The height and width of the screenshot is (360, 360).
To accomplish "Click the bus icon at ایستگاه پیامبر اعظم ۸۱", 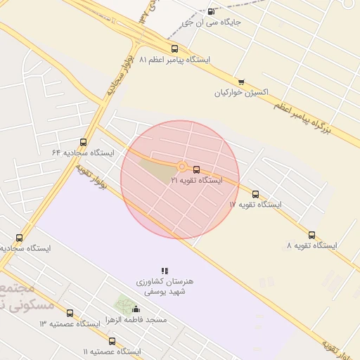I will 174,49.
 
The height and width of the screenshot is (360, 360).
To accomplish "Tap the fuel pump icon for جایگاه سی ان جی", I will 211,11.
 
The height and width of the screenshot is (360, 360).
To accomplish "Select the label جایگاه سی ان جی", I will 211,22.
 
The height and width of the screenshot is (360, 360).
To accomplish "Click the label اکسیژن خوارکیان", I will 242,93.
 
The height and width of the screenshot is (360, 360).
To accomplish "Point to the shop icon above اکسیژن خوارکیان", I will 241,82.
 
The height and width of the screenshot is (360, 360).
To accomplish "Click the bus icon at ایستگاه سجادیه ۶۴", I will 84,142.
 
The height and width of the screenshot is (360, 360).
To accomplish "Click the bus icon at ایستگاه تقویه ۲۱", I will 196,169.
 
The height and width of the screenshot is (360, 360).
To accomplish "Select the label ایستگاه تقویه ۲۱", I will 196,181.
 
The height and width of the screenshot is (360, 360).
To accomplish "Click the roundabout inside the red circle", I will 182,167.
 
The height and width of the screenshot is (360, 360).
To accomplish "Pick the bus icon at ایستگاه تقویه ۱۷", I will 255,194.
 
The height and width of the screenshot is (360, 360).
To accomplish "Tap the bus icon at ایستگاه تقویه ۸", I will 311,235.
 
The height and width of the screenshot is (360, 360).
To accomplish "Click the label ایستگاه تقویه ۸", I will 311,246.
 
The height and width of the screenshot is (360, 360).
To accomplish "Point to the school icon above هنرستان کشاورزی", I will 165,271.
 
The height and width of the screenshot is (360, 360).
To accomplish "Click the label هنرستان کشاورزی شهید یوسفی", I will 165,286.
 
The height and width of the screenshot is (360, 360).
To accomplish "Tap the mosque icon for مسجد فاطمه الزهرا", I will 136,309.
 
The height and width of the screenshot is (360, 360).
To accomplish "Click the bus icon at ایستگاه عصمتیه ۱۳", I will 70,313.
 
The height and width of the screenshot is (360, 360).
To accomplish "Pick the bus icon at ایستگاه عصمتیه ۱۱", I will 112,341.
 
